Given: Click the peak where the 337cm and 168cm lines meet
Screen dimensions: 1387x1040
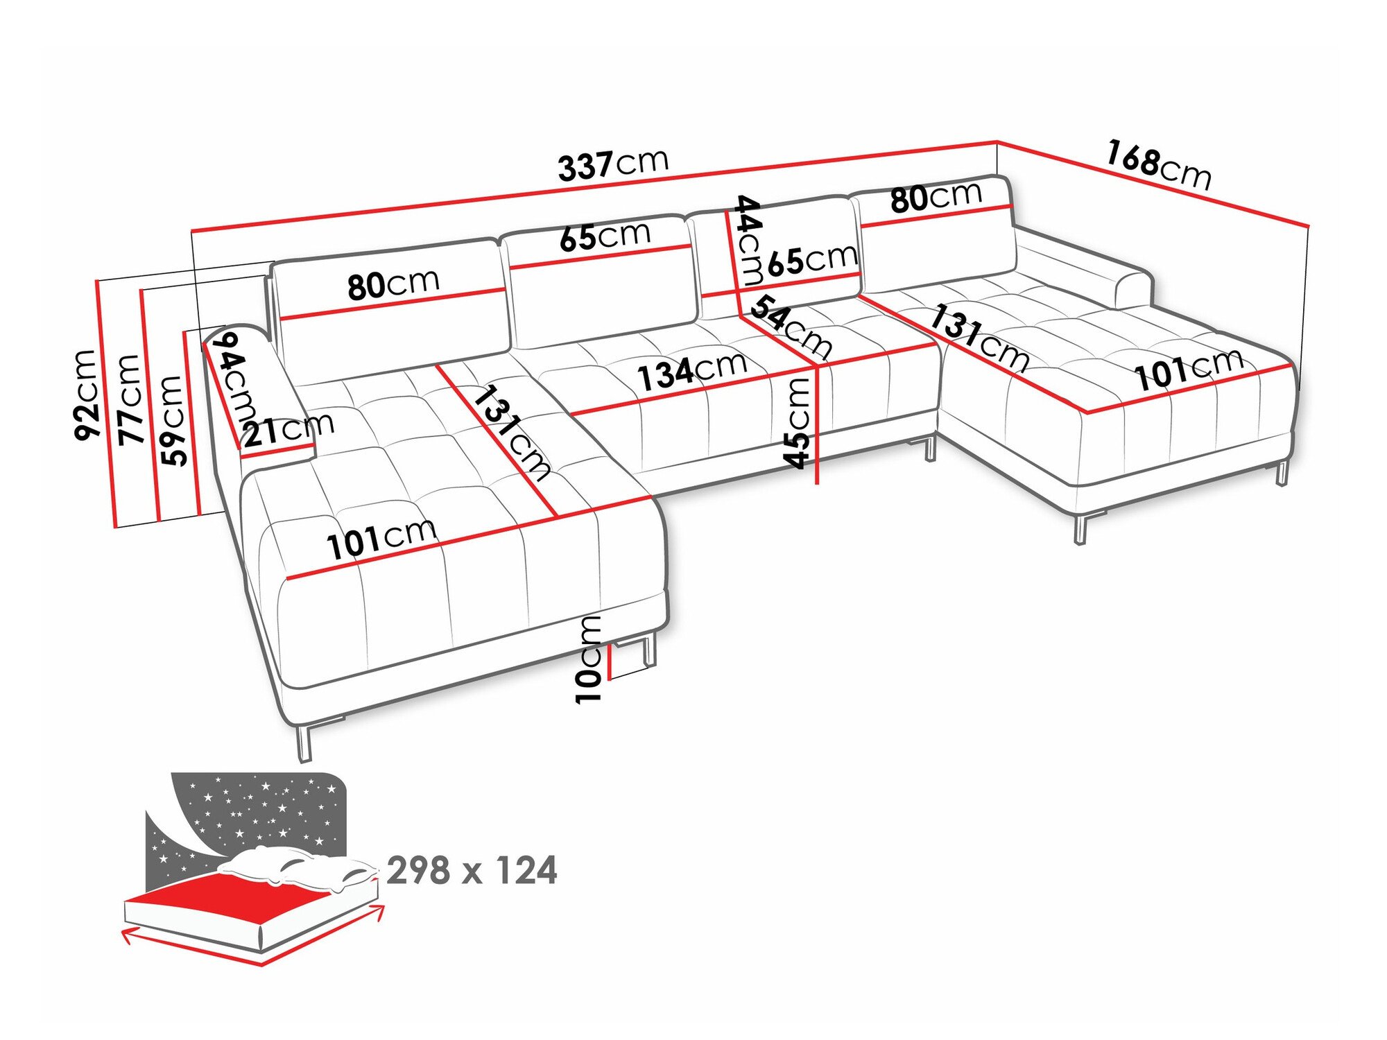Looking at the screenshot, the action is tap(997, 142).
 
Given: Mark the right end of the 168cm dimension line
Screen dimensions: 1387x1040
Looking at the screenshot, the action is tap(1308, 226).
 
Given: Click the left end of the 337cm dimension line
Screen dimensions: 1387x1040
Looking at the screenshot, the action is tap(192, 230).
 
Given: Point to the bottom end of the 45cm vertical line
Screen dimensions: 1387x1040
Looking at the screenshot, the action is tap(818, 482).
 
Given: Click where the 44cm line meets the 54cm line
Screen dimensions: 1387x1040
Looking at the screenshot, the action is tap(740, 315).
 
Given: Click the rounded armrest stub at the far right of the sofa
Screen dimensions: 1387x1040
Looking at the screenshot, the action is tap(1133, 290).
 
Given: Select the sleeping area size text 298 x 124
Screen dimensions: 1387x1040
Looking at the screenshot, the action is tap(472, 871).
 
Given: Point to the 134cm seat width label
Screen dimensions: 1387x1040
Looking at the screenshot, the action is tap(692, 371).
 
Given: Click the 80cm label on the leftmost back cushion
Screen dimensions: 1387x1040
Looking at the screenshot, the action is tap(394, 284).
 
